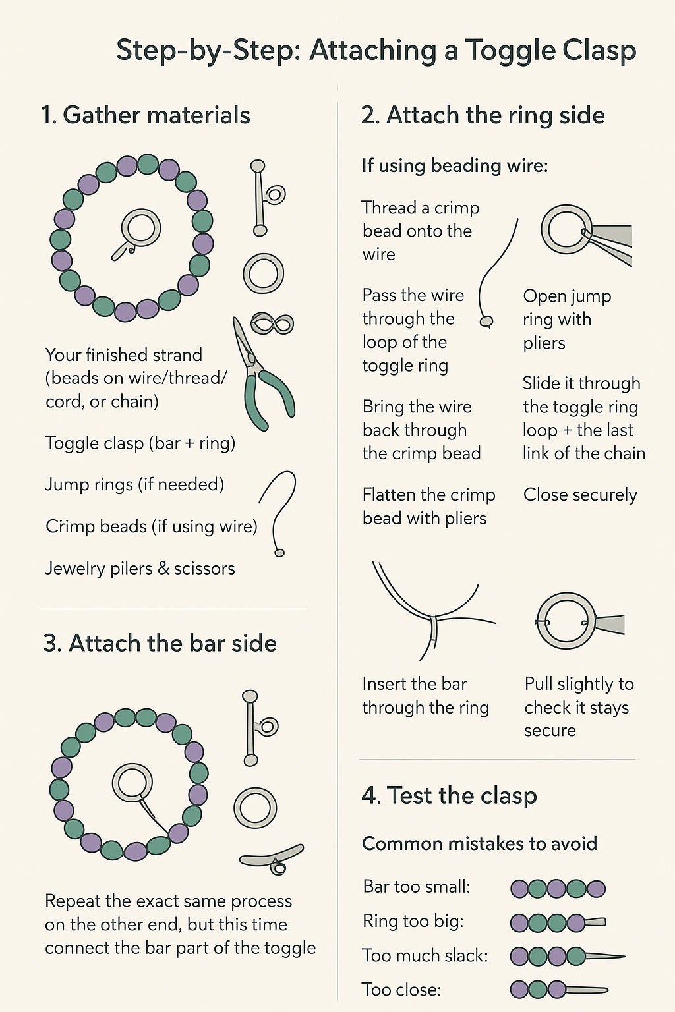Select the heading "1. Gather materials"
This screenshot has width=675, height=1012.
(x=145, y=115)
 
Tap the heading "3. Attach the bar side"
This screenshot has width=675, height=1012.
(x=160, y=643)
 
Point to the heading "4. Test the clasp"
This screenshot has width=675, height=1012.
(x=449, y=795)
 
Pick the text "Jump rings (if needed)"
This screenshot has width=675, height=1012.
(x=134, y=485)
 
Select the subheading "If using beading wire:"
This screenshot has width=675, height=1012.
(x=455, y=165)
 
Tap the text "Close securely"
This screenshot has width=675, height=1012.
(x=580, y=495)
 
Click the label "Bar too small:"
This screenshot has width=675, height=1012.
(x=417, y=887)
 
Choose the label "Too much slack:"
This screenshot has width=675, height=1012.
(x=425, y=955)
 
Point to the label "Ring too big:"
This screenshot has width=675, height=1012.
(x=413, y=921)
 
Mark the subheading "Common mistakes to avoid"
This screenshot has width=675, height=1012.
(x=479, y=844)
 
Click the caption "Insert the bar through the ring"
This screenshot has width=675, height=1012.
(x=425, y=696)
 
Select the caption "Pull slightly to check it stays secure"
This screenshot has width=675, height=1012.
(x=579, y=707)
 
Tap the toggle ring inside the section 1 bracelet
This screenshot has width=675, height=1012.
(x=140, y=228)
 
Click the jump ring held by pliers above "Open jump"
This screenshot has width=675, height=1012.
(x=566, y=229)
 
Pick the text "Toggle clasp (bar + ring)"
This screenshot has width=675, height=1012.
(x=140, y=443)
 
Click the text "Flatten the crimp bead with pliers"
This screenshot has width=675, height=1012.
(x=428, y=507)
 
